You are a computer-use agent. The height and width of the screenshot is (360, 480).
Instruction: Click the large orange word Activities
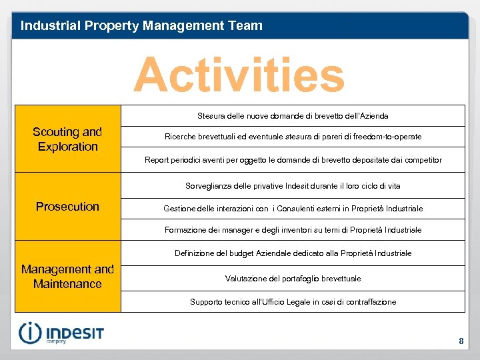[x=239, y=75]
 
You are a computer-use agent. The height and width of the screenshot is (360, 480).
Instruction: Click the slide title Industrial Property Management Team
[x=141, y=26]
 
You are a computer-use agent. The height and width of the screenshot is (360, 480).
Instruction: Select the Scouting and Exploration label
[x=67, y=139]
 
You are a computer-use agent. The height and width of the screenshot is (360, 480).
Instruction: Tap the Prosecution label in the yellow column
[x=67, y=207]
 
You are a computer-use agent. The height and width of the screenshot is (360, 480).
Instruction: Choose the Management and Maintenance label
[x=67, y=277]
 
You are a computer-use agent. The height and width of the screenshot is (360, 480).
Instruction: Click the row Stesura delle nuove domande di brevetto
[x=293, y=116]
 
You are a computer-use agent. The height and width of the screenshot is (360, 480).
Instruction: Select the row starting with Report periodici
[x=293, y=160]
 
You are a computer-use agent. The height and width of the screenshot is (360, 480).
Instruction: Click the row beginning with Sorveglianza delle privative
[x=293, y=186]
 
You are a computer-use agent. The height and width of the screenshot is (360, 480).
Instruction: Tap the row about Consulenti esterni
[x=293, y=209]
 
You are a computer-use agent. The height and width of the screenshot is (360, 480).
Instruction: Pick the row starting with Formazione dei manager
[x=293, y=230]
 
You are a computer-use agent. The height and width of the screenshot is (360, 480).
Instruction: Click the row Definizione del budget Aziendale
[x=293, y=253]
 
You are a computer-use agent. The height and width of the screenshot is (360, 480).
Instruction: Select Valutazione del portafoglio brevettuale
[x=293, y=279]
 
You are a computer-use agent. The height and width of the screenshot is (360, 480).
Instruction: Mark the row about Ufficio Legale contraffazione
[x=293, y=302]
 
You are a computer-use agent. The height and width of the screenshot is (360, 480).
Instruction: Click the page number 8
[x=461, y=341]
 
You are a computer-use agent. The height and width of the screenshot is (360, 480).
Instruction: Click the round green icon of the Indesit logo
[x=30, y=333]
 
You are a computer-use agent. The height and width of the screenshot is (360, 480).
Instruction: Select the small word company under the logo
[x=56, y=342]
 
